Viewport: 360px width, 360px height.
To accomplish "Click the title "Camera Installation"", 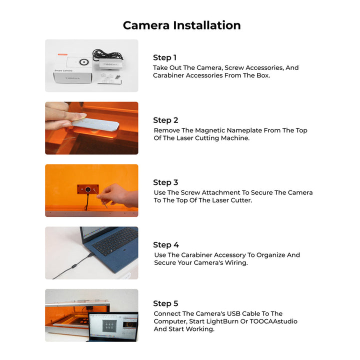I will click(x=181, y=25).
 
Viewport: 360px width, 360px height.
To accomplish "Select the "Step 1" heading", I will click(x=164, y=57).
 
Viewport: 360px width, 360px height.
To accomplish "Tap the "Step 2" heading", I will click(x=165, y=120).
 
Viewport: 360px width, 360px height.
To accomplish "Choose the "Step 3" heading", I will click(x=165, y=182).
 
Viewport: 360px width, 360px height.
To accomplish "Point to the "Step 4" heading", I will click(x=165, y=245).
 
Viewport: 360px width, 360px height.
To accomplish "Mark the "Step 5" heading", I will click(x=165, y=303).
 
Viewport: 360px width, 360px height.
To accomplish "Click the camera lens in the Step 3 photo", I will click(x=88, y=190).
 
